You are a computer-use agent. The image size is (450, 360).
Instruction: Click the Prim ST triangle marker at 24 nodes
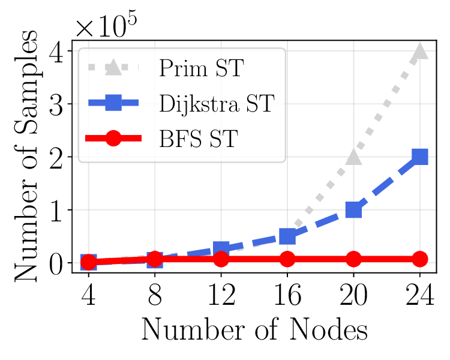(x=420, y=52)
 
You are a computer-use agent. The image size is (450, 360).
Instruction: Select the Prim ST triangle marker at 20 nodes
(x=353, y=157)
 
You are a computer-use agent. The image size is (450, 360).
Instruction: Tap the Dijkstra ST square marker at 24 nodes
(x=420, y=157)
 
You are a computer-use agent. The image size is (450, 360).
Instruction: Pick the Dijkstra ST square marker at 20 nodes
(x=353, y=210)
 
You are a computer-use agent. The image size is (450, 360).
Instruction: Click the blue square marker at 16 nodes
(x=287, y=236)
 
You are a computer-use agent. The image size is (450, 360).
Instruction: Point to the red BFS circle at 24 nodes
(x=420, y=259)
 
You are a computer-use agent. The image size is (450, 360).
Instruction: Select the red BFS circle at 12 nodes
(x=221, y=259)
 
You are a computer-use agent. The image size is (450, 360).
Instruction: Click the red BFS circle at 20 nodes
(x=353, y=259)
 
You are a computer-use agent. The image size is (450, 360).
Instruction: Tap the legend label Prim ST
(x=200, y=68)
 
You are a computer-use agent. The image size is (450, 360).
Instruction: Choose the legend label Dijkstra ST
(x=217, y=103)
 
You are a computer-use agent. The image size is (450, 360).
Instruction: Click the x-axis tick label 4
(x=89, y=296)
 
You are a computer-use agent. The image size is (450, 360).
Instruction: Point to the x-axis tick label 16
(x=287, y=296)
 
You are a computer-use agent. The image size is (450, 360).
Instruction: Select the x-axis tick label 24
(x=420, y=296)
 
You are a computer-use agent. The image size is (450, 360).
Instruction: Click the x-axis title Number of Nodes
(x=254, y=330)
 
